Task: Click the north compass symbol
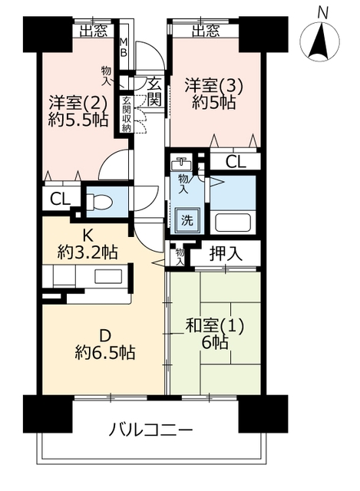click(319, 41)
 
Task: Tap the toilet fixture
click(99, 201)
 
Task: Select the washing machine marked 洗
click(187, 220)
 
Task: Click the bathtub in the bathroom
click(233, 222)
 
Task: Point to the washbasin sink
click(181, 163)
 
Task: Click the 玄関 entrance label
click(154, 92)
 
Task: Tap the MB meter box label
click(124, 47)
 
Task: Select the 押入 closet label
click(226, 254)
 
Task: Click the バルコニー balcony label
click(150, 430)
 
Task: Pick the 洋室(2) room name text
click(78, 102)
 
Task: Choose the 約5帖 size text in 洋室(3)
click(213, 102)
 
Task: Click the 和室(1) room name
click(214, 326)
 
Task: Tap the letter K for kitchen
click(88, 236)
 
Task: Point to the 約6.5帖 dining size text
click(105, 353)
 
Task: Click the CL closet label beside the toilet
click(60, 199)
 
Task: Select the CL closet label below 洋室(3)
click(236, 162)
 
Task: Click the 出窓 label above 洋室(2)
click(94, 31)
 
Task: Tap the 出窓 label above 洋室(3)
click(206, 31)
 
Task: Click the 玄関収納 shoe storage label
click(126, 114)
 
